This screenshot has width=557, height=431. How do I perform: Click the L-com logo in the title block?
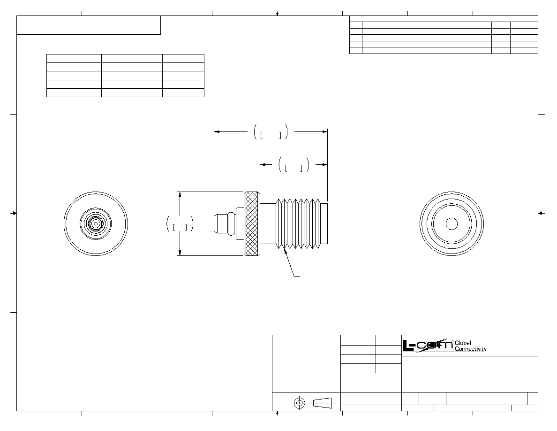coord(428,346)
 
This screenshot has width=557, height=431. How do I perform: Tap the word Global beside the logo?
coord(463,343)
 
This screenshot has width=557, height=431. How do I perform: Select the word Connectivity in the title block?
coord(470,349)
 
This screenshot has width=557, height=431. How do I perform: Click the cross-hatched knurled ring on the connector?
coord(252,223)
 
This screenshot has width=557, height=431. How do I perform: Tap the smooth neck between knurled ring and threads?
coord(268,223)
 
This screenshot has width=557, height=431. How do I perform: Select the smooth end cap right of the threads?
coord(323,223)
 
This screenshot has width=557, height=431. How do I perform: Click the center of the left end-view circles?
coord(96,223)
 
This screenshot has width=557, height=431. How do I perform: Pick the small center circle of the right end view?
coord(452,223)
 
